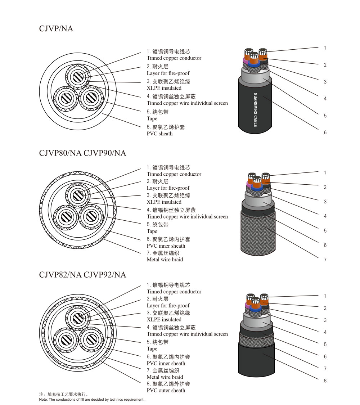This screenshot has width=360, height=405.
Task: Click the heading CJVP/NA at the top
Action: click(x=56, y=29)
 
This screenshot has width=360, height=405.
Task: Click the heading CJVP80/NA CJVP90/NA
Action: click(x=82, y=153)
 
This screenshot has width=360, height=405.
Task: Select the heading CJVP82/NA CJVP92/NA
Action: click(x=82, y=275)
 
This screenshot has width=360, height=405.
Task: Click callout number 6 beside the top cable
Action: click(x=325, y=132)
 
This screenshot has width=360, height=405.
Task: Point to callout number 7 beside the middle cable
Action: click(x=325, y=260)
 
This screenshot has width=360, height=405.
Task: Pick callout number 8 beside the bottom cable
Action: click(x=325, y=381)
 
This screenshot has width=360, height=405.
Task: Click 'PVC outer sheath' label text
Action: click(x=166, y=390)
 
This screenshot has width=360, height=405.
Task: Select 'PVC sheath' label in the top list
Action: click(x=159, y=134)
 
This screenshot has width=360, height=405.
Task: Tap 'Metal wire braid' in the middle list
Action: click(x=165, y=260)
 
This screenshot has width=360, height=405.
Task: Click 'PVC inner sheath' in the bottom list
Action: click(x=166, y=363)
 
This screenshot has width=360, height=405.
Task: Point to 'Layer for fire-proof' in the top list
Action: click(x=168, y=73)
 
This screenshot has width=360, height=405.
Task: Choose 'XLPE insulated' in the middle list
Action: click(x=164, y=202)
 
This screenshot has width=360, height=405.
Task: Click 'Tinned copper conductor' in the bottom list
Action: click(x=174, y=292)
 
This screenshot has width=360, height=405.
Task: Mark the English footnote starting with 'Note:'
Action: click(x=92, y=400)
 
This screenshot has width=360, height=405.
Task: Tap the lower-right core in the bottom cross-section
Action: click(x=89, y=339)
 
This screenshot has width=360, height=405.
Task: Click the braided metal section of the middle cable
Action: click(x=258, y=234)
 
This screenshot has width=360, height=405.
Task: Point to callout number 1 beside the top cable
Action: click(x=325, y=48)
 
